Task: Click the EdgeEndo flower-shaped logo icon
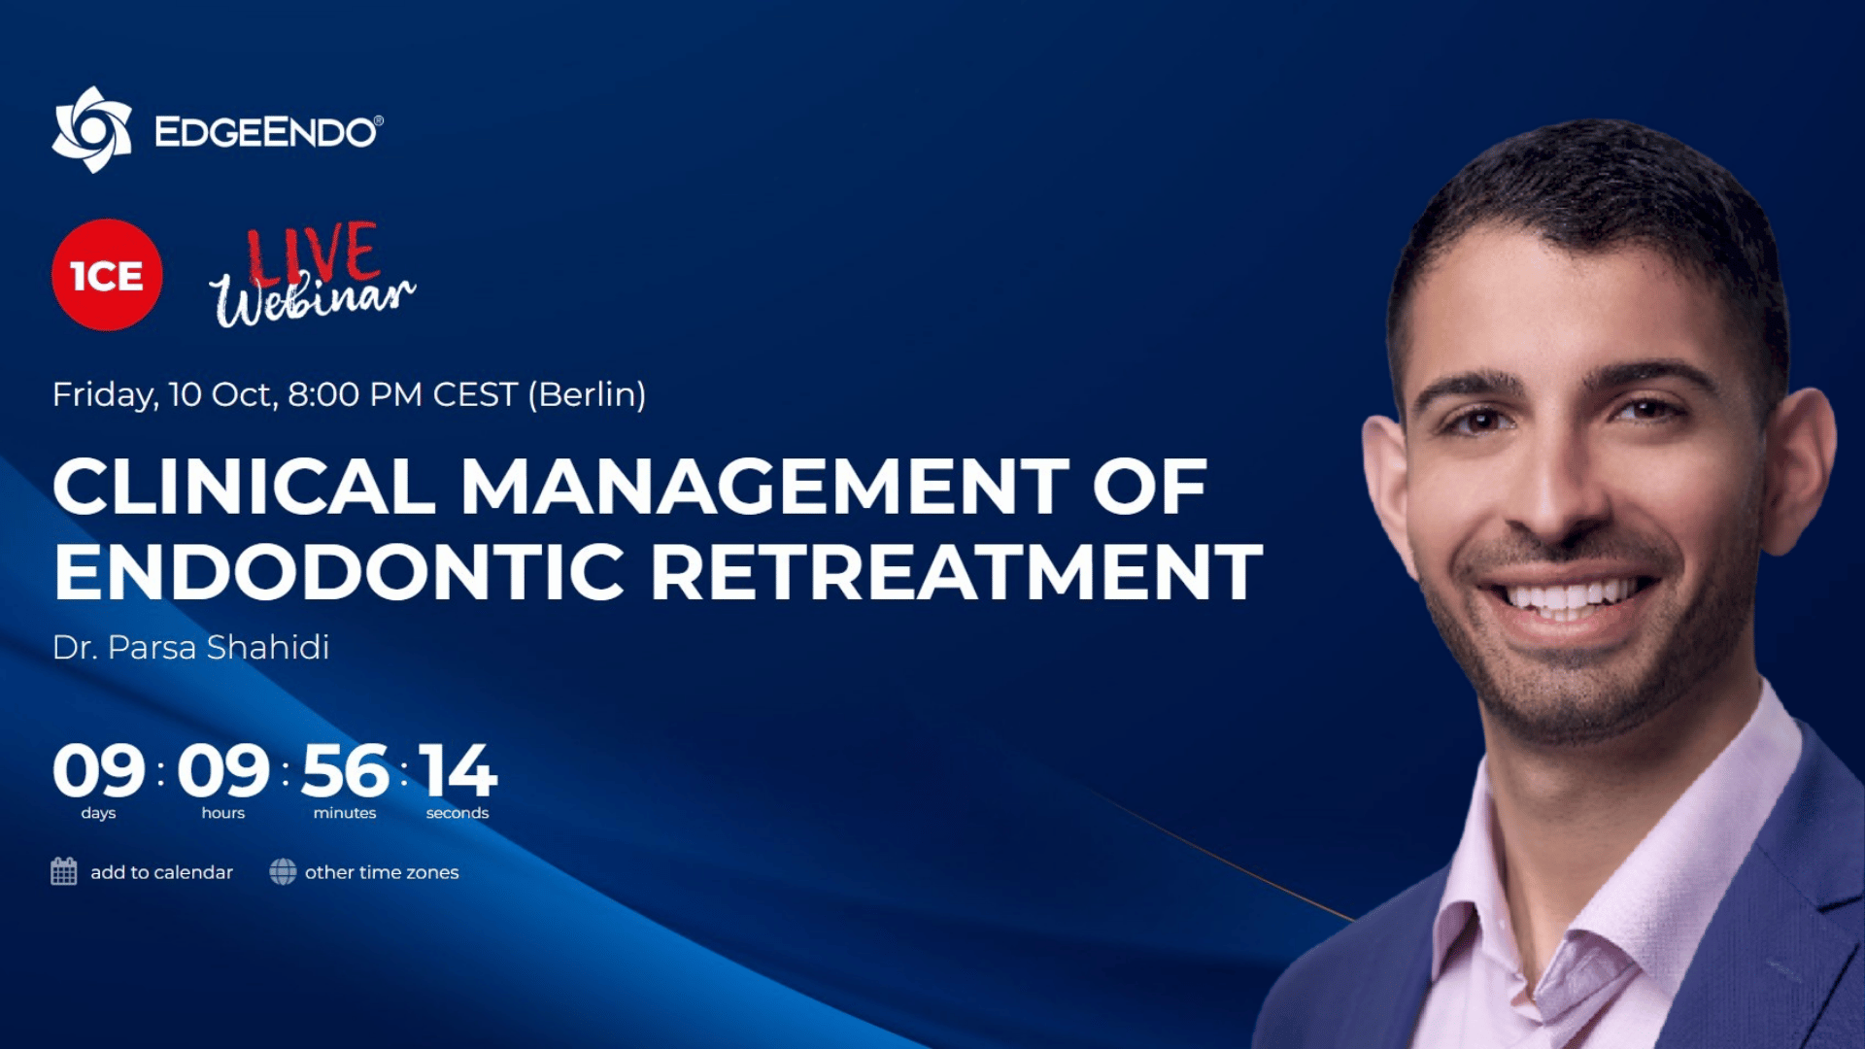92,129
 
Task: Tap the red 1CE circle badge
107,275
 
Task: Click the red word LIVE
313,253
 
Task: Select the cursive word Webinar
313,296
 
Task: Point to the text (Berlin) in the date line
587,394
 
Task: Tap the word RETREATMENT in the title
957,571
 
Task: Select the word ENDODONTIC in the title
339,571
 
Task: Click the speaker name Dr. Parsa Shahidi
191,647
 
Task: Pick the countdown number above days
98,771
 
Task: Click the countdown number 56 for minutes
345,771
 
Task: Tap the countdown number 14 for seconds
458,771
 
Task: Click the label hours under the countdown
223,813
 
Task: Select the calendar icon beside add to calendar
64,871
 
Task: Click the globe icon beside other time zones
283,871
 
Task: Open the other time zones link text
382,872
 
